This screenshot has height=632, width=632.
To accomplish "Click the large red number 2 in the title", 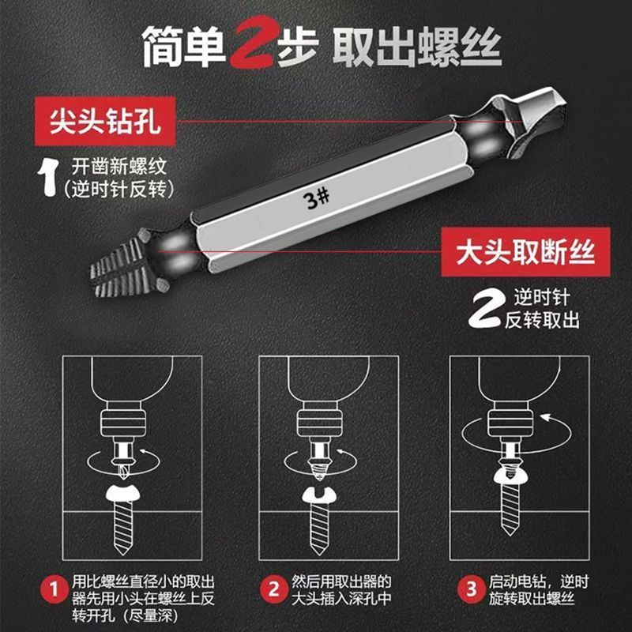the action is [254, 43].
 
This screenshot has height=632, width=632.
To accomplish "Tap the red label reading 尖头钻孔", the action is [105, 121].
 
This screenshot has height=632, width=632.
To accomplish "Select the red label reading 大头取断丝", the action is [525, 252].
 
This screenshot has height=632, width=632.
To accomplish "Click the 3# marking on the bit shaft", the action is [318, 198].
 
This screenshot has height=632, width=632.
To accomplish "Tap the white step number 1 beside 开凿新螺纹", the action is [49, 177].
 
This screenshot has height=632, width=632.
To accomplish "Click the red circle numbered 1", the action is [54, 590].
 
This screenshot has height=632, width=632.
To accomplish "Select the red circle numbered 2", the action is [273, 589].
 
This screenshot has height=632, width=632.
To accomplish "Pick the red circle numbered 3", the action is [471, 589].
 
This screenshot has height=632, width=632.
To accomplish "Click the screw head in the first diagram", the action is [122, 493].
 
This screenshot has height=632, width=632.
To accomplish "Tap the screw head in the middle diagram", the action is [319, 496].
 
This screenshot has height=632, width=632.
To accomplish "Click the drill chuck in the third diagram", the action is [510, 423].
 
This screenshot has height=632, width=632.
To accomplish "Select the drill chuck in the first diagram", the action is [123, 423].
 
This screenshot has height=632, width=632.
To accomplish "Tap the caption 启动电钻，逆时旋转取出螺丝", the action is [539, 590].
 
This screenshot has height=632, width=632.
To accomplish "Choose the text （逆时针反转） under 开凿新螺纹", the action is [119, 189].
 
